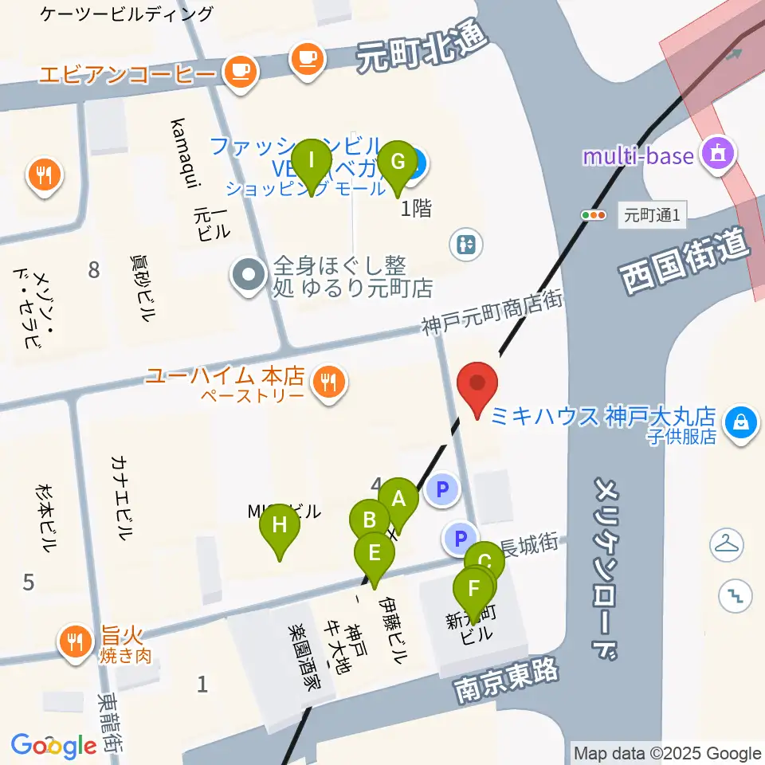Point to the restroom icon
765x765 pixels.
click(466, 244)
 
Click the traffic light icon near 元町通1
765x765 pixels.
click(594, 214)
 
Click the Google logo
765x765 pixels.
click(54, 745)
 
